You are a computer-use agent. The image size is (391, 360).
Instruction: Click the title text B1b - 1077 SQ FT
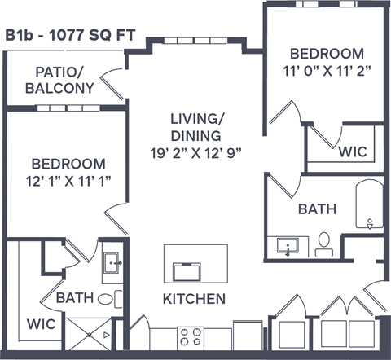[70, 35]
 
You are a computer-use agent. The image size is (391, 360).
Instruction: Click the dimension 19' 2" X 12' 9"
[195, 151]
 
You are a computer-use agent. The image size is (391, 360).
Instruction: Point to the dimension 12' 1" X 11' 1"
[68, 180]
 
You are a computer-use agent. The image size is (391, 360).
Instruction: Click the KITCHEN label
[194, 299]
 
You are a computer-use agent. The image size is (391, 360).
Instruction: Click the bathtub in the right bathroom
[369, 207]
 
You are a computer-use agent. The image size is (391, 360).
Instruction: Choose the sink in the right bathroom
[287, 246]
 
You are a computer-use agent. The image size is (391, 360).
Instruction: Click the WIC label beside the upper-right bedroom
[353, 152]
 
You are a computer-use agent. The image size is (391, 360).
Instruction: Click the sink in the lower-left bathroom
[113, 263]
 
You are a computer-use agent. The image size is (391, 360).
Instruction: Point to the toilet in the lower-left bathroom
[107, 298]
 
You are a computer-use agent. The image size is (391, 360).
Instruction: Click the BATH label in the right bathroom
[317, 209]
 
